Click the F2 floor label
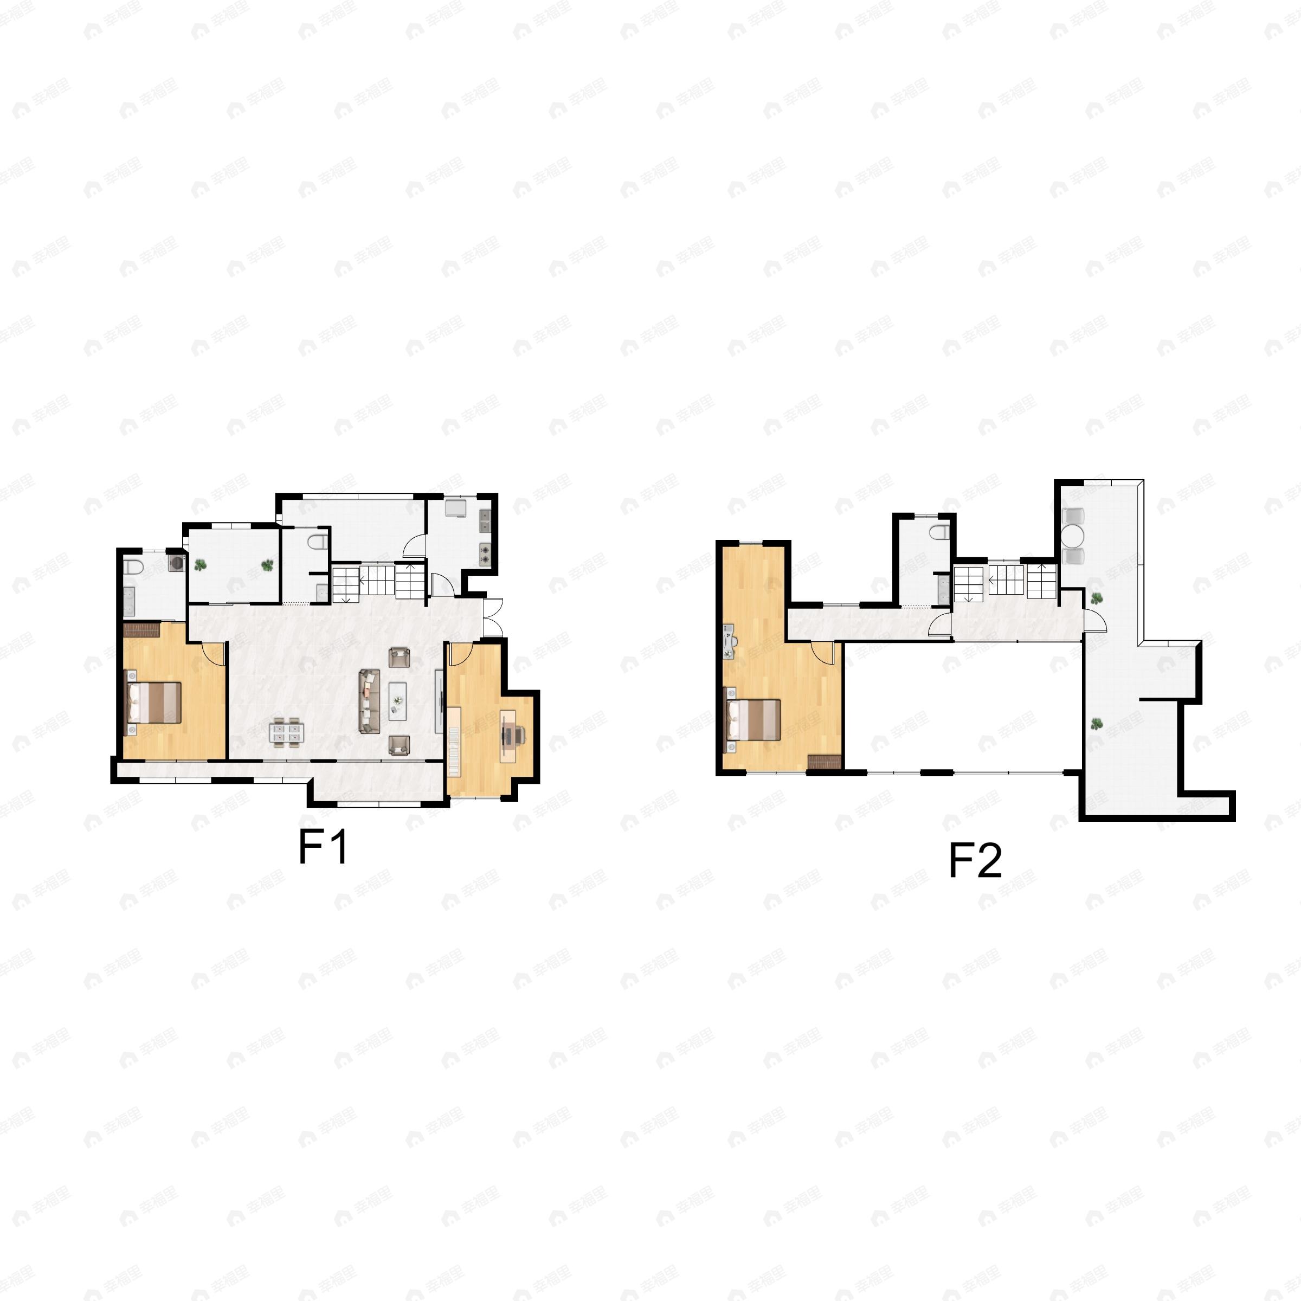[975, 860]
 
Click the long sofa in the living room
[369, 701]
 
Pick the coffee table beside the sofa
[397, 701]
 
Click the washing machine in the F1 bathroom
[176, 562]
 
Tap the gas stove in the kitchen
[485, 553]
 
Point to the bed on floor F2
[753, 720]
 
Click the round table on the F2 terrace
[1073, 536]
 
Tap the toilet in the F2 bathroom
[939, 533]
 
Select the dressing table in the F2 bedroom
[729, 641]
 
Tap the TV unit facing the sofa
[439, 701]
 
